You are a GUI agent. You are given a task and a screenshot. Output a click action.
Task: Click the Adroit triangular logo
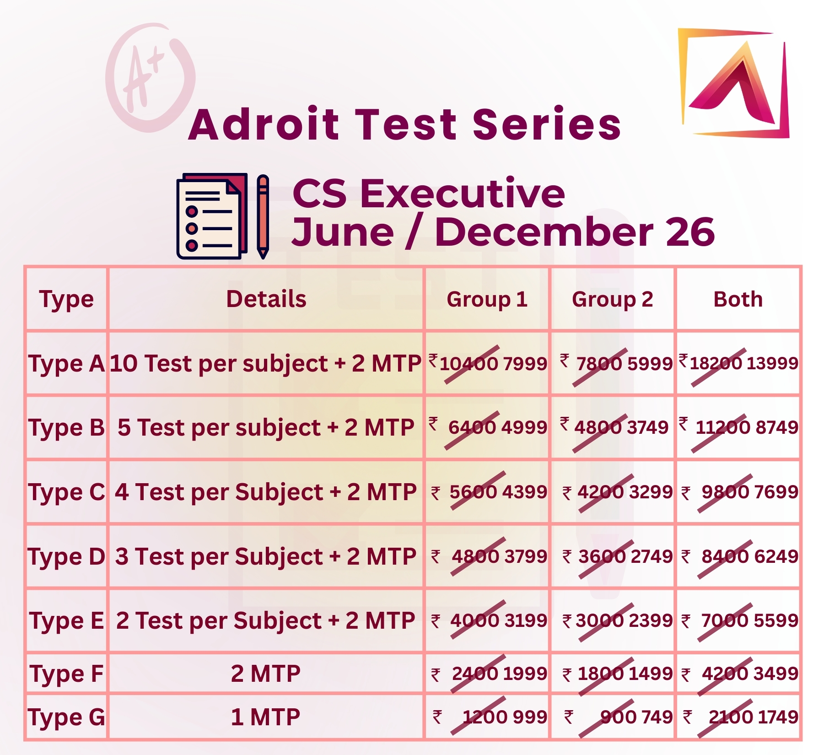[x=734, y=83]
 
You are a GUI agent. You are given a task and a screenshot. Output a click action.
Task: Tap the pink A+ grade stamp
[x=150, y=78]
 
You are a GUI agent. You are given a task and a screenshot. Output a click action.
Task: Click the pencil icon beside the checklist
[x=263, y=216]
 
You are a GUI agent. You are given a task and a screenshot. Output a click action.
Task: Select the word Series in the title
[x=547, y=124]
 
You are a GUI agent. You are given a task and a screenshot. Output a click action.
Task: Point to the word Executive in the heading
[x=463, y=193]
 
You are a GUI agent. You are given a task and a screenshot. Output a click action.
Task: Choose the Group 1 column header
[x=487, y=299]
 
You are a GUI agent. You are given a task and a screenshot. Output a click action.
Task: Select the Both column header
[x=738, y=299]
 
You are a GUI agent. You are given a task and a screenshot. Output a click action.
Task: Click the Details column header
[x=266, y=299]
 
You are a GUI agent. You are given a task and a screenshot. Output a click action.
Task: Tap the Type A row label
[x=67, y=364]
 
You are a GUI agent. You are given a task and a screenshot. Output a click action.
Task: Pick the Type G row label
[x=67, y=717]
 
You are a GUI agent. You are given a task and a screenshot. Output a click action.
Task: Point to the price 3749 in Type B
[x=647, y=427]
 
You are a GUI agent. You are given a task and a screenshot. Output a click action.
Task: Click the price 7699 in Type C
[x=776, y=492]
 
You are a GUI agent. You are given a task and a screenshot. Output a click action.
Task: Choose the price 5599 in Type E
[x=776, y=620]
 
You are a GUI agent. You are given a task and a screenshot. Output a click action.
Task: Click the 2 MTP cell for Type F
[x=266, y=674]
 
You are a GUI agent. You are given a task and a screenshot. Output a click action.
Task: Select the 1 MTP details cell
[x=266, y=717]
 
